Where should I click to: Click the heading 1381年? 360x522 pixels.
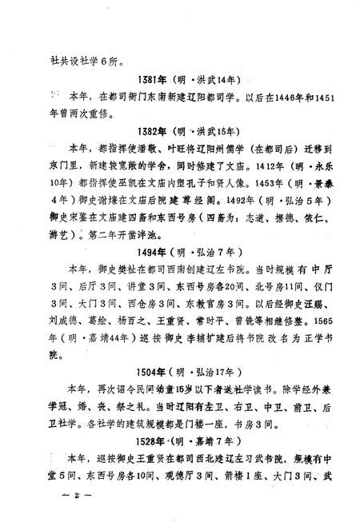(x=153, y=82)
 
